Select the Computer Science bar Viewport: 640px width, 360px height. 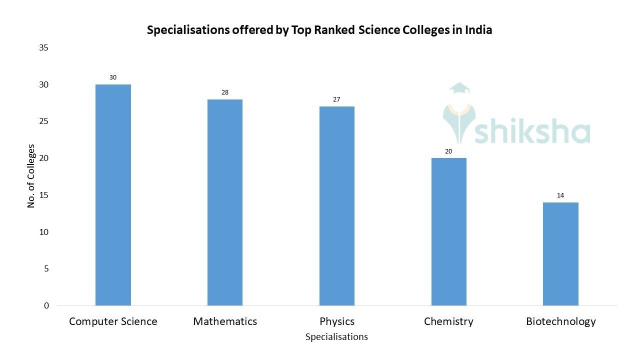[113, 195]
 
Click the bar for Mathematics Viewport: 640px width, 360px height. [225, 202]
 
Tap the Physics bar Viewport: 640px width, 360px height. [337, 206]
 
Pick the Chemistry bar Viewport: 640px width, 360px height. [448, 231]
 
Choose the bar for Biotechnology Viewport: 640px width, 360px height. [560, 254]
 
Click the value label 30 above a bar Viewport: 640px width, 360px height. [113, 77]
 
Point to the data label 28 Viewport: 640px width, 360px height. [225, 92]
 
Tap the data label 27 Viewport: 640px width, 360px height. [336, 99]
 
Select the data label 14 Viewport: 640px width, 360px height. [560, 195]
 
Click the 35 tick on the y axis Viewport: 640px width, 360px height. [43, 48]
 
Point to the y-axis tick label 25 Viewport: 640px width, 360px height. [43, 121]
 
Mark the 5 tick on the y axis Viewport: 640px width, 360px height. [46, 269]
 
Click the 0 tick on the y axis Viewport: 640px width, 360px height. [46, 305]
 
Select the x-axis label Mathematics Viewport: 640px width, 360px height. [225, 321]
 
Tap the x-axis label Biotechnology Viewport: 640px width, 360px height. [560, 321]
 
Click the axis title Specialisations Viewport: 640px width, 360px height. [336, 337]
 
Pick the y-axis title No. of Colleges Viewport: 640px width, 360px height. [31, 176]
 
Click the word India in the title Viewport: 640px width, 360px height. [478, 30]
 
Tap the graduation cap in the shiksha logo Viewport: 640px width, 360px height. [459, 88]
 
